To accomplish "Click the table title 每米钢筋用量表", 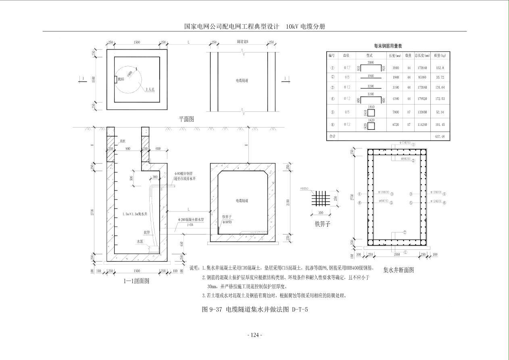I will (x=388, y=46).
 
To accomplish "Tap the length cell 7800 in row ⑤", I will (x=395, y=113).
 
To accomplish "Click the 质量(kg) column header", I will (x=440, y=55).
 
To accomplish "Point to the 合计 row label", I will (x=332, y=137).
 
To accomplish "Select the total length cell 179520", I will (x=422, y=99).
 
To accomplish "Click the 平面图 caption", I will (x=187, y=119).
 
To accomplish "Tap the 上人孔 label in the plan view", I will (x=150, y=89).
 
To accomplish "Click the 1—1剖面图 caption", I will (x=136, y=281).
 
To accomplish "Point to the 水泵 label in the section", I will (x=140, y=242).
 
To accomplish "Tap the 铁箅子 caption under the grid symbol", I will (x=322, y=224).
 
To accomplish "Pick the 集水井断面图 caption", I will (x=398, y=270).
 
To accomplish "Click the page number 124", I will (x=254, y=335).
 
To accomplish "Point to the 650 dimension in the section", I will (x=181, y=243).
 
